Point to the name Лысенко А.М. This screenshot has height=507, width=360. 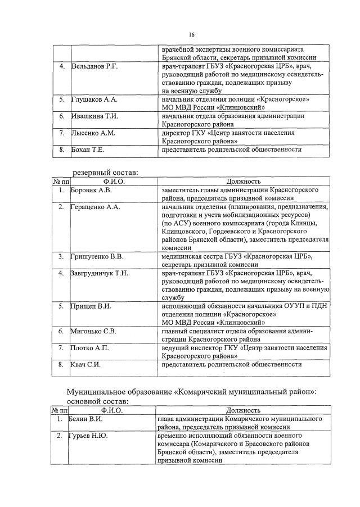(x=93, y=133)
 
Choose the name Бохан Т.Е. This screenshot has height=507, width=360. (x=88, y=150)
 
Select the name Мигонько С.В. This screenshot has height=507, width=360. (x=93, y=332)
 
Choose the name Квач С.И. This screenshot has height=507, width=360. (x=86, y=365)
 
